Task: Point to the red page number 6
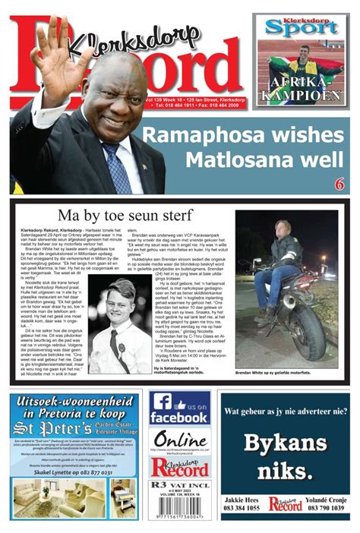click(339, 184)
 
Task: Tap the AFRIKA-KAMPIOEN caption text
click(302, 88)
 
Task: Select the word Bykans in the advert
click(284, 445)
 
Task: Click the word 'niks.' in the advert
click(284, 472)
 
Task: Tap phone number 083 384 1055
click(243, 508)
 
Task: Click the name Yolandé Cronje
click(326, 499)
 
